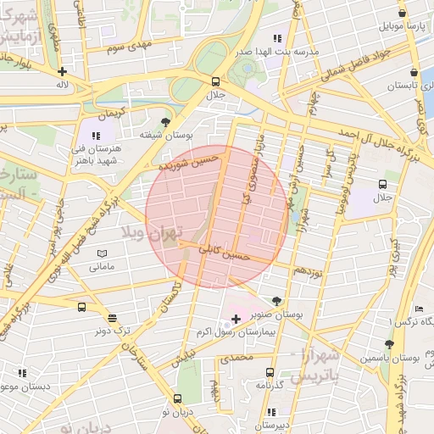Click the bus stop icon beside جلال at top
click(x=215, y=81)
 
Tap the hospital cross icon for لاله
click(x=61, y=71)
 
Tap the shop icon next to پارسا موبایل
click(x=402, y=14)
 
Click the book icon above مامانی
click(x=103, y=253)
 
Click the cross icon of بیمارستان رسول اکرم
click(x=236, y=317)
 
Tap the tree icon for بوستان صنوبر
click(x=276, y=301)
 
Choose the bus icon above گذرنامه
click(x=270, y=371)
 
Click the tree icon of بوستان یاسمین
click(x=389, y=344)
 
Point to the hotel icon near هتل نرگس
click(x=419, y=309)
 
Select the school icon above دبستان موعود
click(x=22, y=372)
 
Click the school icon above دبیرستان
click(x=271, y=412)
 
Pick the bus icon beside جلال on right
click(x=383, y=184)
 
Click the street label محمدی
click(x=236, y=359)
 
